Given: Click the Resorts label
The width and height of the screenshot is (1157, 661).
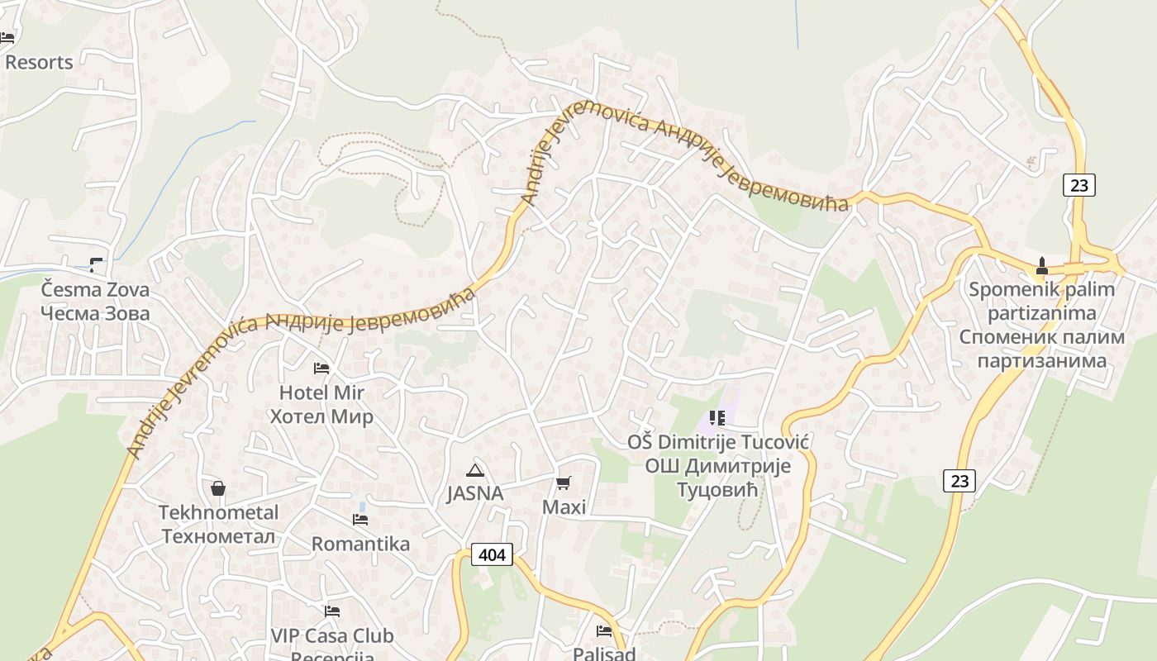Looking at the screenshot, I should click(x=39, y=62).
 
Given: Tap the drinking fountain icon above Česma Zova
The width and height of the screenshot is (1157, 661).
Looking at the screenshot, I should click(x=97, y=265).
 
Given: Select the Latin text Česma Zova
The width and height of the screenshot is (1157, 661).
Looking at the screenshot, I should click(x=96, y=290).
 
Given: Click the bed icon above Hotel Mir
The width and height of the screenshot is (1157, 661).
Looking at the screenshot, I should click(x=321, y=368).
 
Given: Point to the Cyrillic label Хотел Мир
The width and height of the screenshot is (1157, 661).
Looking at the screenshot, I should click(x=321, y=416).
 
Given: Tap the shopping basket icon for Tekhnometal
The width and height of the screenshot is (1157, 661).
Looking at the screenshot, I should click(x=218, y=488).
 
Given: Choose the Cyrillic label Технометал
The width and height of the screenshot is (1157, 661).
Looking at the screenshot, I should click(x=218, y=536).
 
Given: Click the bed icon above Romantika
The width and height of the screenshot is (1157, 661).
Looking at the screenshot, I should click(x=360, y=520).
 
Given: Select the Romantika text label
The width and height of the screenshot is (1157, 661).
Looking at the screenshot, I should click(x=360, y=544).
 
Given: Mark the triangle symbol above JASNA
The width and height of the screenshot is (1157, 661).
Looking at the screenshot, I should click(x=474, y=471).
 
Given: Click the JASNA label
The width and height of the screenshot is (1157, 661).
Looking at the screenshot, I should click(x=474, y=493).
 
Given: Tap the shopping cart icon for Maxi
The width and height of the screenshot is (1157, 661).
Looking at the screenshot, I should click(x=564, y=483).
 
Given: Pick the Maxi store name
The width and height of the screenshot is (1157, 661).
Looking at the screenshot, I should click(x=564, y=506).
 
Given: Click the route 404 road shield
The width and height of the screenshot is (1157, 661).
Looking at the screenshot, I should click(x=492, y=554).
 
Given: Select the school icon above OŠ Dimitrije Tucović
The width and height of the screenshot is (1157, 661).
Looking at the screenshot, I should click(x=717, y=418).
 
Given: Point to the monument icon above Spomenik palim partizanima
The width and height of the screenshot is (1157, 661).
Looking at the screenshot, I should click(x=1041, y=266).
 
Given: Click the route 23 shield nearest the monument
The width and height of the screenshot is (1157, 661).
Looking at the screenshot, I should click(x=1079, y=185).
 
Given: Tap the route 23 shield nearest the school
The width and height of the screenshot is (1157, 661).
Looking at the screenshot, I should click(x=959, y=480).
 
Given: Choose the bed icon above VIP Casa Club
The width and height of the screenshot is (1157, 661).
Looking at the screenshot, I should click(x=332, y=611).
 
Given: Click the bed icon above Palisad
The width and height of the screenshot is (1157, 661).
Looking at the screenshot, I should click(x=604, y=631).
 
